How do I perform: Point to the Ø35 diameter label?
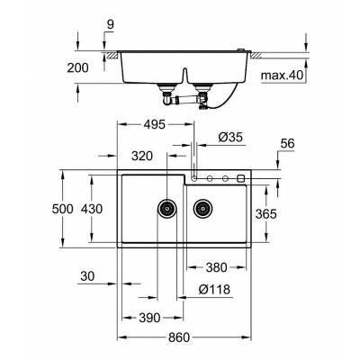pos(229,136)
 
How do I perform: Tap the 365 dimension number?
pos(290,214)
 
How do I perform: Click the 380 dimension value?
pos(215,267)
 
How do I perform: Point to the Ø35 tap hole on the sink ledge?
pos(194,178)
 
